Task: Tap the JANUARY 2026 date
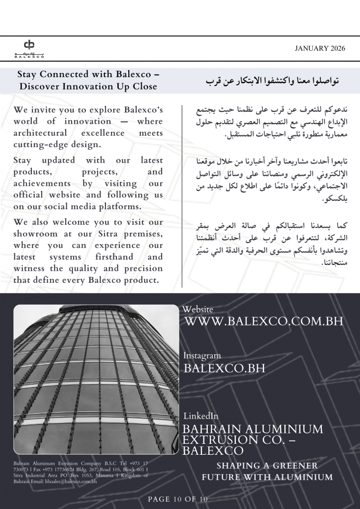pos(320,48)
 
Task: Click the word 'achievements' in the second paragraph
pos(45,183)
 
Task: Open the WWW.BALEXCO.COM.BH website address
pos(264,321)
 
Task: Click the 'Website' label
pos(198,309)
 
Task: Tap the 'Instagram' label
pos(202,356)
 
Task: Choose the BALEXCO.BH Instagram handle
pos(224,368)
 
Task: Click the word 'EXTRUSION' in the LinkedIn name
pos(221,440)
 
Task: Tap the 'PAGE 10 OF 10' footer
pos(178,499)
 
